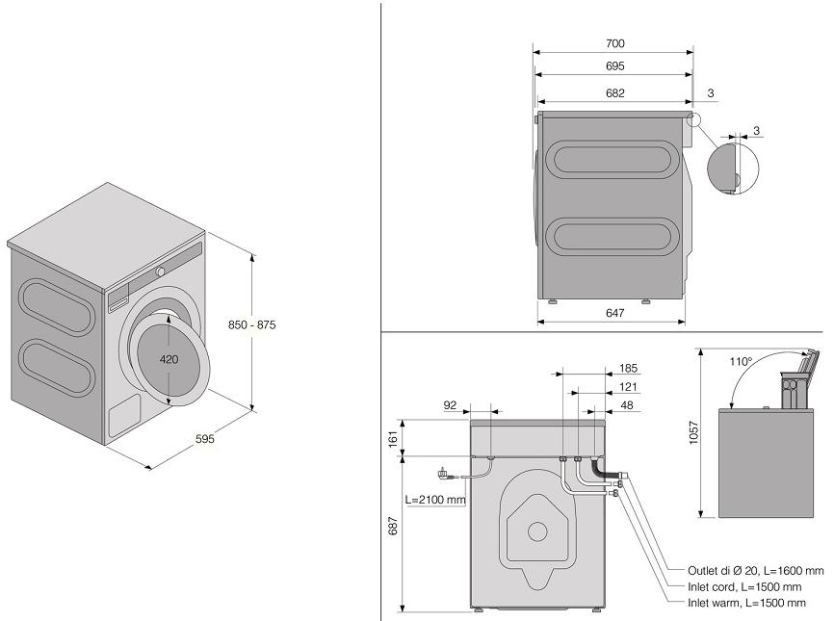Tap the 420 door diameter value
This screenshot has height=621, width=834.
(x=169, y=360)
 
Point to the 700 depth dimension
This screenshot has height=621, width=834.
(x=615, y=43)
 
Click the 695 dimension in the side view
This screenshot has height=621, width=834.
(x=615, y=66)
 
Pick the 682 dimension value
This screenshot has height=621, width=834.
(x=615, y=92)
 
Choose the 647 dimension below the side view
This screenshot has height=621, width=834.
(x=615, y=313)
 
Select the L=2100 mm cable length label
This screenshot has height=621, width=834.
(x=435, y=500)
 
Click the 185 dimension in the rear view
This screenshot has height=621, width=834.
(x=629, y=368)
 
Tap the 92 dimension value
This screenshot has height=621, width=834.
(x=450, y=406)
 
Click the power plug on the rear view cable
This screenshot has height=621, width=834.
(x=443, y=473)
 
